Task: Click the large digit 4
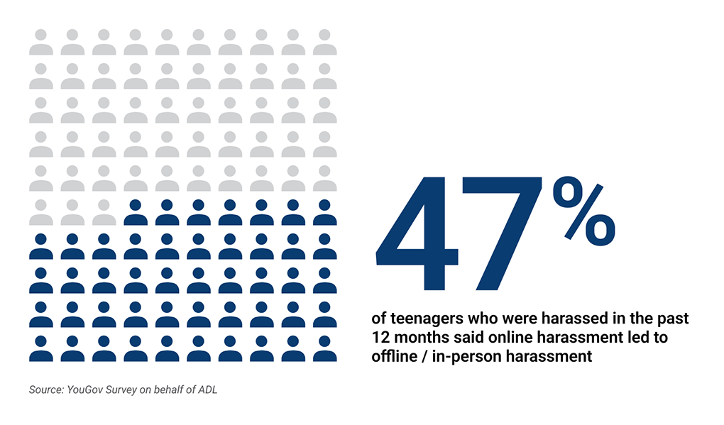[x=415, y=234]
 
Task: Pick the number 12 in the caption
[x=380, y=338]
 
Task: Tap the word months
[x=419, y=338]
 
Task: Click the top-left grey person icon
[x=40, y=42]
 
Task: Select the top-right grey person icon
[x=325, y=42]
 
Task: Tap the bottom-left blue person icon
[x=40, y=348]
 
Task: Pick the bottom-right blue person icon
[x=325, y=348]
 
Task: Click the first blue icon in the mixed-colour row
[x=136, y=212]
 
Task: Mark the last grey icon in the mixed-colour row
[x=104, y=212]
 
